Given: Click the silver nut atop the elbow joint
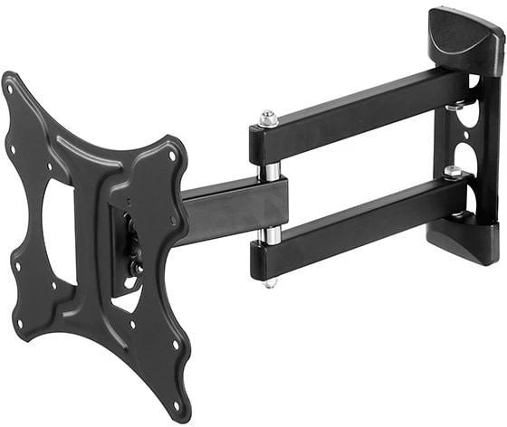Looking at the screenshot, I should point(268,118).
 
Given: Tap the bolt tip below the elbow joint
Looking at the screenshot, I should point(270,282).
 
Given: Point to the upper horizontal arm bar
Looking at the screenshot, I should point(362,114).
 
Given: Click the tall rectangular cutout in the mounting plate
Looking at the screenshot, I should point(58,231).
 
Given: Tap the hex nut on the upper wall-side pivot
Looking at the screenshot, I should point(452,106).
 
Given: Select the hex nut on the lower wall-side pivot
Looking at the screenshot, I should point(452,172).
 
